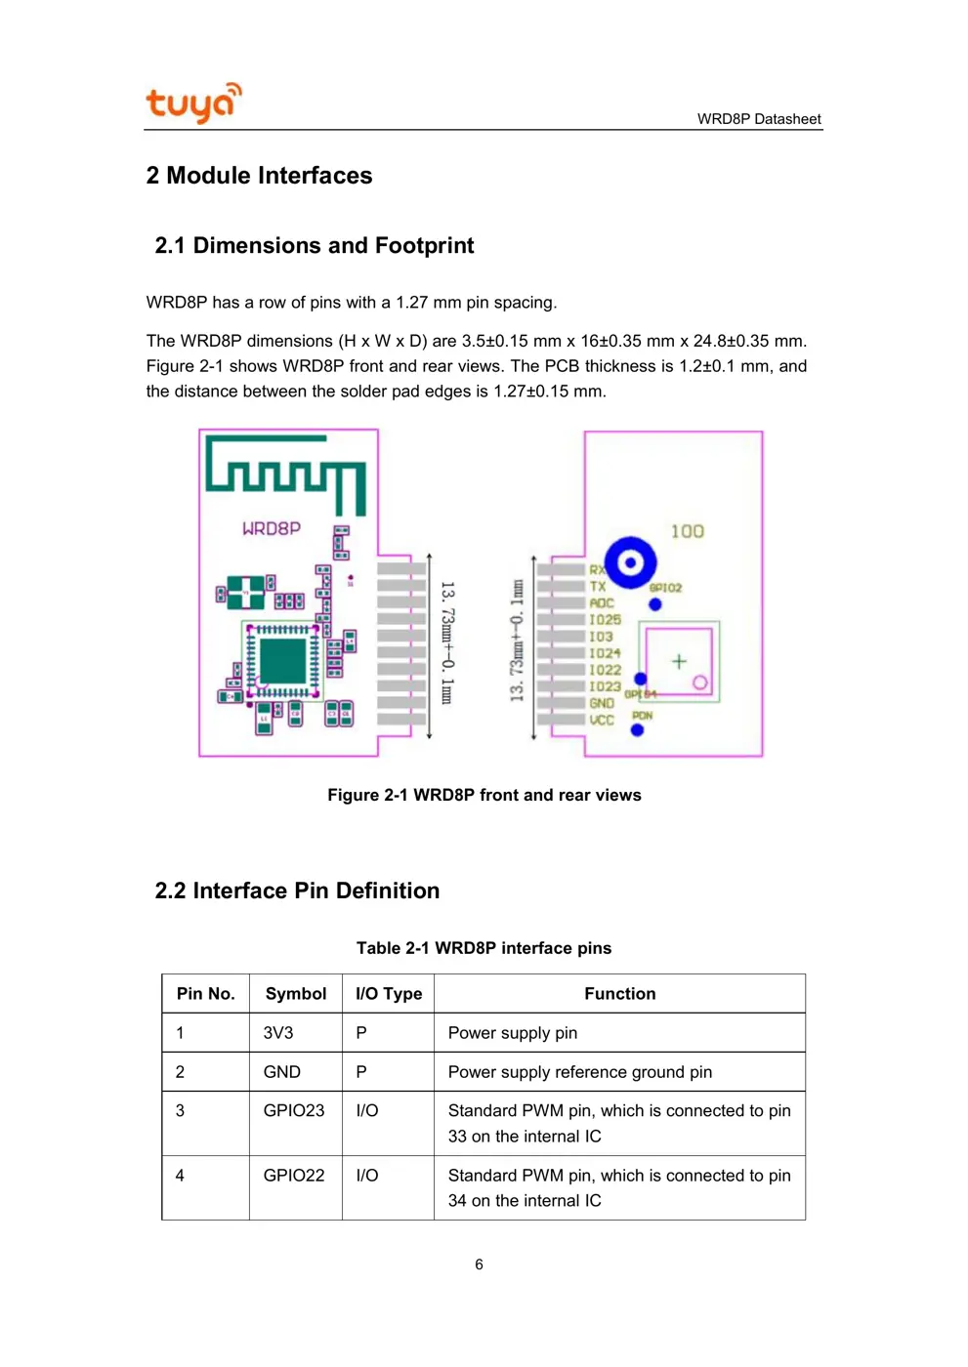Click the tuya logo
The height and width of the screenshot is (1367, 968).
[x=192, y=103]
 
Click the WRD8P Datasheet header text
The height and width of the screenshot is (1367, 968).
[x=758, y=119]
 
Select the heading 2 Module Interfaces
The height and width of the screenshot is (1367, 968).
[x=259, y=176]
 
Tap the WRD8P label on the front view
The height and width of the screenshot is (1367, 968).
[x=272, y=528]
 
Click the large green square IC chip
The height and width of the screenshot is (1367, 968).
[x=283, y=660]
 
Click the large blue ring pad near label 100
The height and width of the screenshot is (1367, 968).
[x=630, y=562]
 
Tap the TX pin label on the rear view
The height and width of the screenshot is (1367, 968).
[x=598, y=587]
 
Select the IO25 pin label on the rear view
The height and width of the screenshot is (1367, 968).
[x=605, y=620]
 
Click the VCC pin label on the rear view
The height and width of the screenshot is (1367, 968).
[x=602, y=721]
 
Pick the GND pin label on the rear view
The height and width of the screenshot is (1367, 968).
[x=602, y=704]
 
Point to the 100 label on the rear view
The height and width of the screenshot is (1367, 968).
[x=687, y=531]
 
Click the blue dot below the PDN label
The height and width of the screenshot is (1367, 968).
[x=637, y=730]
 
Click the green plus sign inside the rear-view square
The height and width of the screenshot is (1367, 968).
[x=679, y=662]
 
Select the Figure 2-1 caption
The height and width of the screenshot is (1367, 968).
[x=484, y=795]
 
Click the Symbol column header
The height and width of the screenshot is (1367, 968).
[x=295, y=994]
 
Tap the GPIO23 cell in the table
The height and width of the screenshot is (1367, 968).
[x=293, y=1111]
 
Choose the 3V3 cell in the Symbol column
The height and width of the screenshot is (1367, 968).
[x=277, y=1033]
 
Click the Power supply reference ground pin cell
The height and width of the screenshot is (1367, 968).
[x=579, y=1072]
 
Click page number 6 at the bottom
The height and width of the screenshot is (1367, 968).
[x=479, y=1264]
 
